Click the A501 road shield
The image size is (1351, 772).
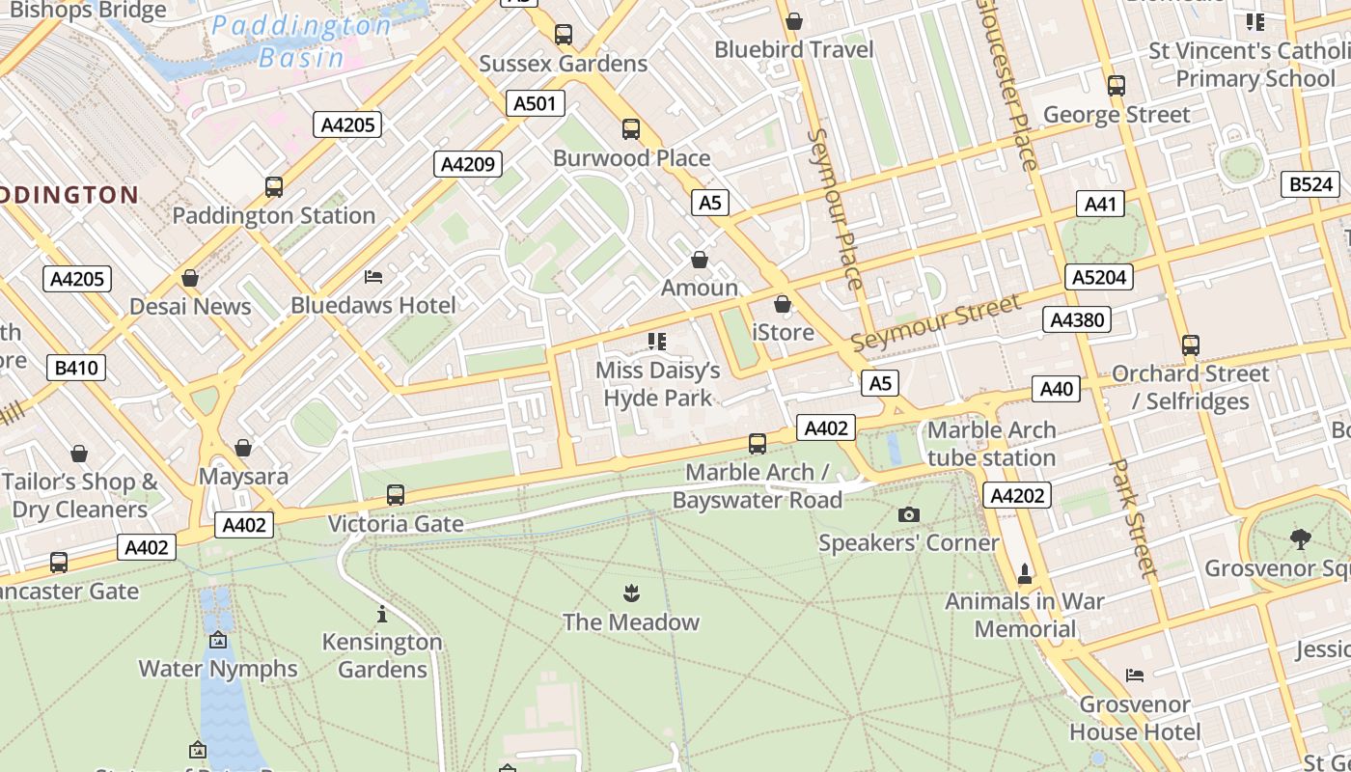click(535, 103)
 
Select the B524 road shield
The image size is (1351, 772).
click(1310, 184)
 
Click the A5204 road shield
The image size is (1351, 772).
click(1099, 278)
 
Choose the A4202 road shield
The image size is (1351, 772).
click(1017, 496)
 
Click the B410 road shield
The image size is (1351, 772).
click(76, 368)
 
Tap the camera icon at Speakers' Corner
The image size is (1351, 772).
click(908, 514)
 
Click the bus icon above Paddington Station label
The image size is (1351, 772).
click(274, 187)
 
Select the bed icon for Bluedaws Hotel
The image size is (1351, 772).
click(373, 277)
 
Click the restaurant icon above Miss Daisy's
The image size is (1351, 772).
click(657, 341)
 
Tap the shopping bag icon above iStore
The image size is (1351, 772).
click(783, 304)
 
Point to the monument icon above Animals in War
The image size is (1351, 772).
click(1025, 573)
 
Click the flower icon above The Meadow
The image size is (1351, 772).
click(631, 593)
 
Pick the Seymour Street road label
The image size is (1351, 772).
click(934, 324)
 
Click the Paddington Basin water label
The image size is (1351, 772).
click(301, 41)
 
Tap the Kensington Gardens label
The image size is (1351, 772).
click(382, 655)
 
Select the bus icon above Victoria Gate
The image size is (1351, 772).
click(396, 495)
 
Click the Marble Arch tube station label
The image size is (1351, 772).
click(991, 444)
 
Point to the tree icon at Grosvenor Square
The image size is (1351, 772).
click(1300, 539)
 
